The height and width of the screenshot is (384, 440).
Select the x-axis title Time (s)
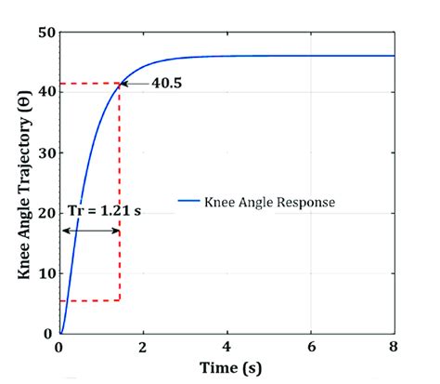(x=226, y=368)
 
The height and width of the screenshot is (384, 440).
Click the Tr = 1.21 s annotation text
(x=101, y=211)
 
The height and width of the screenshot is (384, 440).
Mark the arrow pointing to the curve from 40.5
(x=136, y=85)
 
